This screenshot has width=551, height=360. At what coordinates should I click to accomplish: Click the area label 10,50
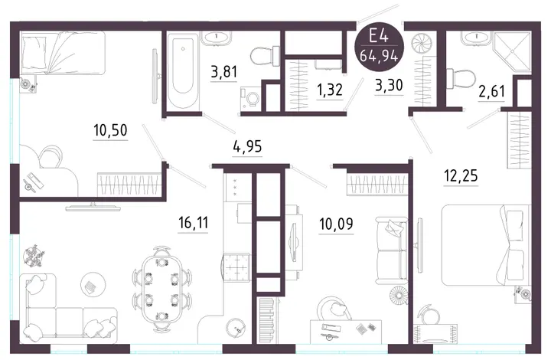tap(110, 130)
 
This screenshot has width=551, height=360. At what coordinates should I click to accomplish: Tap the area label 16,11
tap(194, 223)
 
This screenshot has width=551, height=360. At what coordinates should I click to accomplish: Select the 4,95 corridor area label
tap(247, 146)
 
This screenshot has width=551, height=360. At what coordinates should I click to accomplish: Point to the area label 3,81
tap(223, 72)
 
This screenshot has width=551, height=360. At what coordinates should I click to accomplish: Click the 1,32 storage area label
tap(329, 90)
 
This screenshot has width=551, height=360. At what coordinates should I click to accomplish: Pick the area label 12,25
tap(461, 175)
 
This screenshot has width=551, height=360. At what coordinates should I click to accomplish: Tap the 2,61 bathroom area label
tap(491, 91)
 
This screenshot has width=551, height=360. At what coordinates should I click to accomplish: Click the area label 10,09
tap(336, 224)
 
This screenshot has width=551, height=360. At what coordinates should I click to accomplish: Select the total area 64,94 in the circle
tap(379, 56)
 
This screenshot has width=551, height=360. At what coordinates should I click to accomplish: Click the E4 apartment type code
tap(379, 37)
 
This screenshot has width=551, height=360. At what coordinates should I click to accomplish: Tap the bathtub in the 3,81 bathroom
tap(183, 70)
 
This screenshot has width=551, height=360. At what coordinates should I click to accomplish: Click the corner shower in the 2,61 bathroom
tap(512, 51)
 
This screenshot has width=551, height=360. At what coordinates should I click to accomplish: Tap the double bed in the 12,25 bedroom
tap(485, 245)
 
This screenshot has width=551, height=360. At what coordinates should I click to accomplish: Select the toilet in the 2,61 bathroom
tap(461, 78)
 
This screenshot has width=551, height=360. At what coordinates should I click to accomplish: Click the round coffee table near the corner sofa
tap(93, 284)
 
